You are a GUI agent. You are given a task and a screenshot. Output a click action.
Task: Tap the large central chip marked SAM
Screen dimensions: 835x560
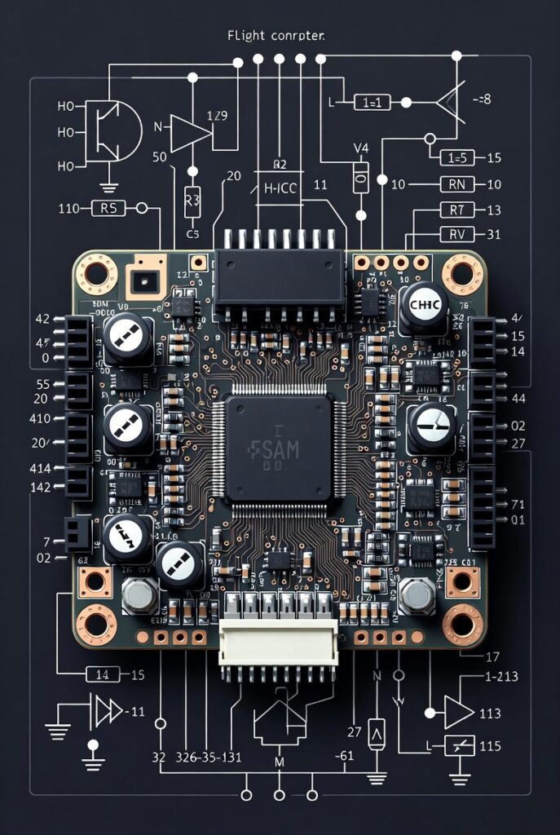[279, 448]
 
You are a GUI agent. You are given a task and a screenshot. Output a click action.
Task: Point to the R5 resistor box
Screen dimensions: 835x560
[108, 208]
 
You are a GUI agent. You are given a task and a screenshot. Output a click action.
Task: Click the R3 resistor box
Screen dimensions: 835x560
[192, 198]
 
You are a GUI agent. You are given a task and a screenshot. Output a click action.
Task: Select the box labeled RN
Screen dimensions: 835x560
[457, 184]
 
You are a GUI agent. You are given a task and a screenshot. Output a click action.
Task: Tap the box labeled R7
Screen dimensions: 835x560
[457, 210]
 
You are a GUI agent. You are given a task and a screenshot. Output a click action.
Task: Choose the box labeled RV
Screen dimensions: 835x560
[457, 235]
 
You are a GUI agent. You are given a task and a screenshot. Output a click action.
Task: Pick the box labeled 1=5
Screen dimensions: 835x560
[457, 157]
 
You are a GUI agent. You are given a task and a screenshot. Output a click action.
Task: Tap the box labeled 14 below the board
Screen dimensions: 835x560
[104, 674]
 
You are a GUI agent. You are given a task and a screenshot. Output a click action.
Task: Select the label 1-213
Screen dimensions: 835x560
[501, 676]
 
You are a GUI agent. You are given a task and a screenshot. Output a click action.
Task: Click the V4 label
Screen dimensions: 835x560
[360, 148]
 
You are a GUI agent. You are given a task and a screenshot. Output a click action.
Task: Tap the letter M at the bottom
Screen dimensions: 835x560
[280, 762]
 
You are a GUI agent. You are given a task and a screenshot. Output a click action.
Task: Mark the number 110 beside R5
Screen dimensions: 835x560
[69, 208]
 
